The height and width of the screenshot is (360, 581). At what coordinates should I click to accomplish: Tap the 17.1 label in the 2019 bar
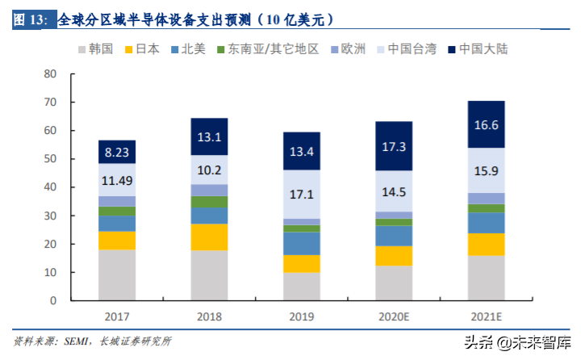tap(302, 195)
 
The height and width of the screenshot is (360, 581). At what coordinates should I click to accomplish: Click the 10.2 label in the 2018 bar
tap(209, 170)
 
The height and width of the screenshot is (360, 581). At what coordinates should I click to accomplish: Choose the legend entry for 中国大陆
tap(475, 49)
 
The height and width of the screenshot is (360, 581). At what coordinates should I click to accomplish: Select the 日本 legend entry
tap(151, 49)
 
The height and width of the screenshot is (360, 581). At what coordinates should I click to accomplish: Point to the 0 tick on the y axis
tap(53, 300)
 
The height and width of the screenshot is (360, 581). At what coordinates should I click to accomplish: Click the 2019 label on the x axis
tap(302, 317)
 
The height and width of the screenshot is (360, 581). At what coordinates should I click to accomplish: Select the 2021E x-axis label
tap(486, 317)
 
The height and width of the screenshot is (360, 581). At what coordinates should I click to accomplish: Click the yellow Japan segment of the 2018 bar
tap(209, 237)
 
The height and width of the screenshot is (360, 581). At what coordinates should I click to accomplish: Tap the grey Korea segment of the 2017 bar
tap(117, 274)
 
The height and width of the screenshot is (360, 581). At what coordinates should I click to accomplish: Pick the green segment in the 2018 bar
tap(209, 202)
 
